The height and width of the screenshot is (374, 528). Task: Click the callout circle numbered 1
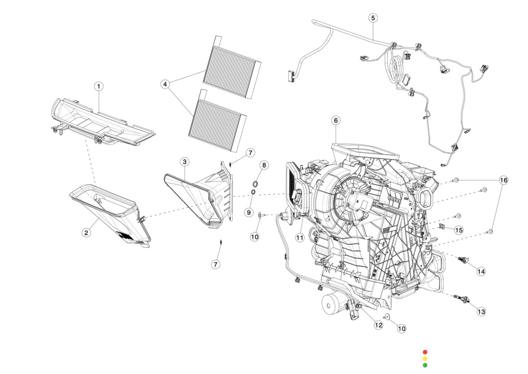click(99, 87)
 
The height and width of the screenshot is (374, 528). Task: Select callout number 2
click(86, 233)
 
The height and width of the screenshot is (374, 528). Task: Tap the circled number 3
click(184, 162)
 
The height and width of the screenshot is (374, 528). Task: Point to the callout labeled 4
click(165, 84)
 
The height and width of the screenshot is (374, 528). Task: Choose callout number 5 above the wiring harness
click(373, 18)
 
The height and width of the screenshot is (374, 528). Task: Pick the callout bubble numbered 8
click(264, 165)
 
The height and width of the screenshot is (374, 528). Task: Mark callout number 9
click(248, 212)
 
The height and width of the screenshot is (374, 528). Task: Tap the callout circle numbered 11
click(300, 237)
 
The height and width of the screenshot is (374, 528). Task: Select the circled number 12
click(378, 325)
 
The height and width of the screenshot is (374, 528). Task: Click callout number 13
click(481, 311)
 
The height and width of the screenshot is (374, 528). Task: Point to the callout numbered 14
click(481, 271)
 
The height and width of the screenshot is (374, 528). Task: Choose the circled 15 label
click(458, 230)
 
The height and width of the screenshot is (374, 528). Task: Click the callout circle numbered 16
click(503, 180)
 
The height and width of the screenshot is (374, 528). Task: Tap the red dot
click(425, 352)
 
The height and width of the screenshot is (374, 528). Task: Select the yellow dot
click(425, 358)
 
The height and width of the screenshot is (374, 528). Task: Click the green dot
click(425, 365)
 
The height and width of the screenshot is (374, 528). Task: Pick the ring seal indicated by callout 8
click(256, 183)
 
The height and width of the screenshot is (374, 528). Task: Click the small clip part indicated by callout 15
click(441, 227)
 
